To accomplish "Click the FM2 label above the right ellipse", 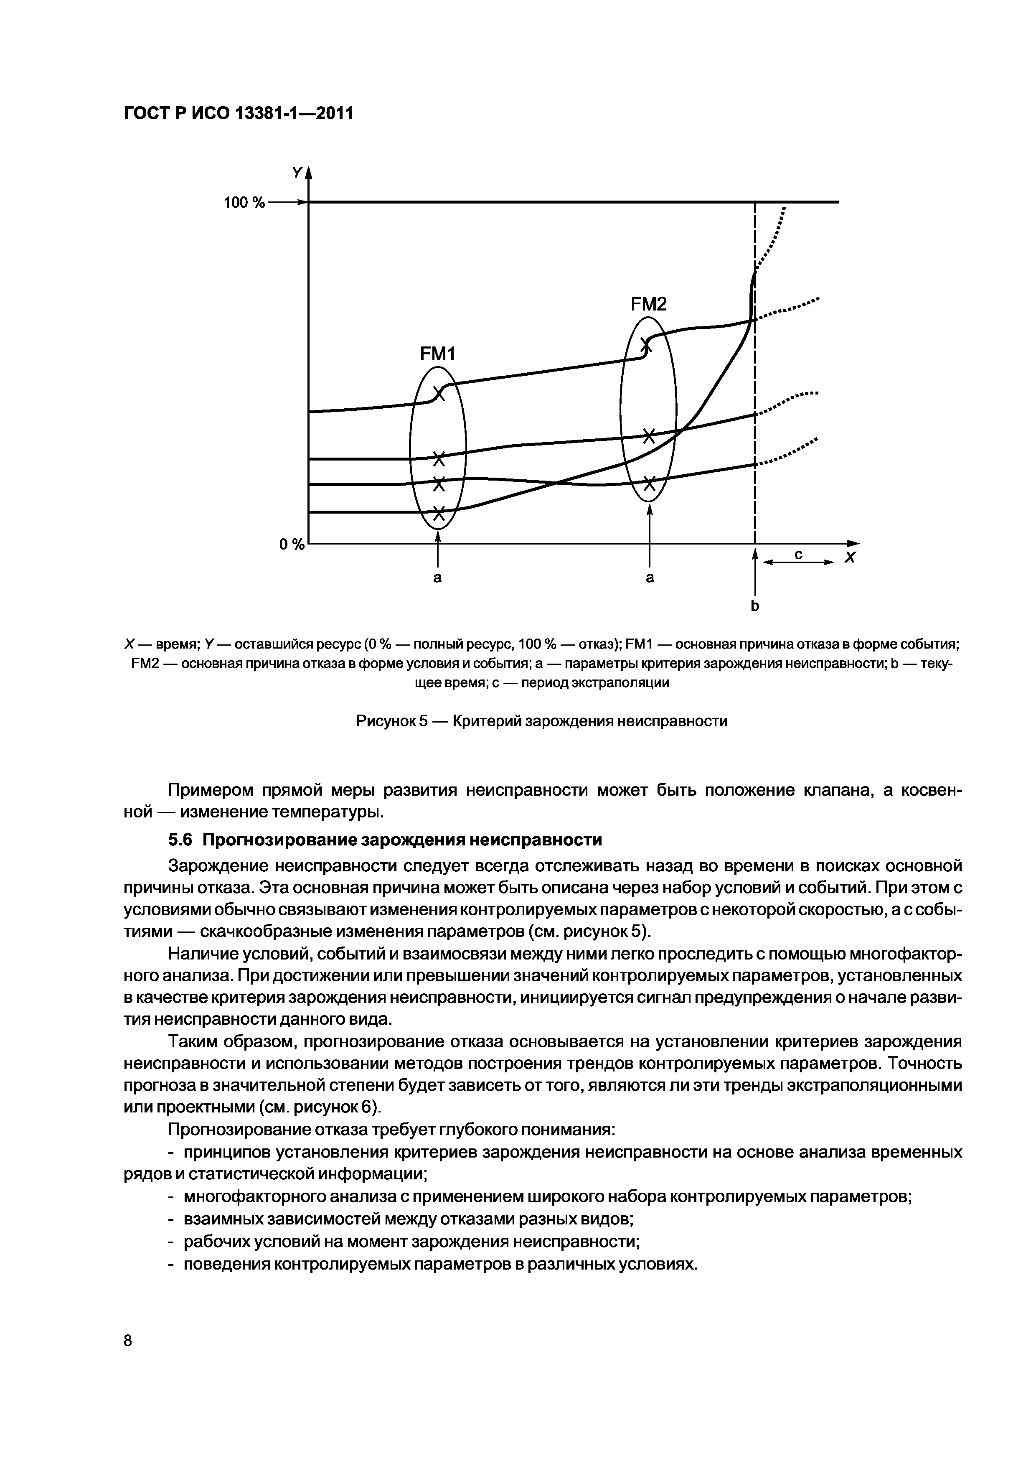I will (x=648, y=305).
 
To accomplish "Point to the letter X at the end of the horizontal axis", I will (x=850, y=558).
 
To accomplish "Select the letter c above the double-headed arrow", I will (x=798, y=555).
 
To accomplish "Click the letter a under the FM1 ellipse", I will (x=437, y=578).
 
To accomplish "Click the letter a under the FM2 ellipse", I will (x=650, y=578).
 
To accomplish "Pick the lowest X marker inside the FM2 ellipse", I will (x=649, y=484).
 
